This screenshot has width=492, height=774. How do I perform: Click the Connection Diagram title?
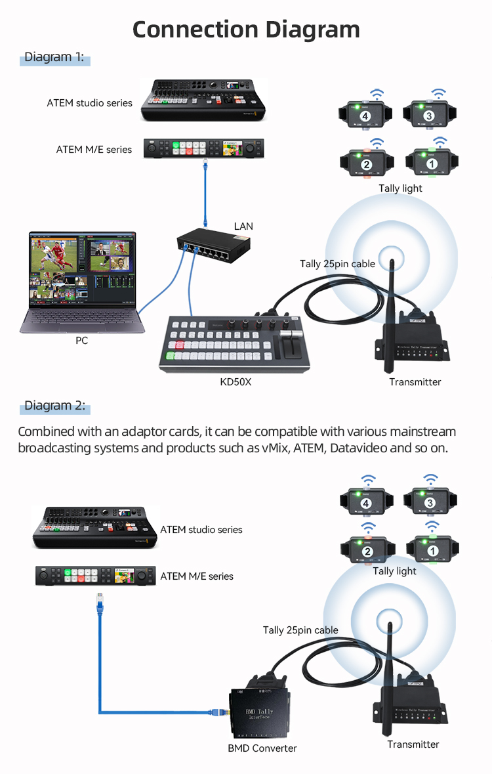[246, 30]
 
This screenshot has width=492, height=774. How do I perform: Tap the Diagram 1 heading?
[54, 58]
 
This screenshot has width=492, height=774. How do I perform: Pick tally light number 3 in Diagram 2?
[430, 503]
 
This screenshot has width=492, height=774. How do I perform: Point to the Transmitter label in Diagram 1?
[415, 382]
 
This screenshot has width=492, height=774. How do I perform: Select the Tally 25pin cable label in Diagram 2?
[300, 630]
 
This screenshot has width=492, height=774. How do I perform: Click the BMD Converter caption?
[262, 748]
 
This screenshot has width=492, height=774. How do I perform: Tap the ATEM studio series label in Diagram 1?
[89, 103]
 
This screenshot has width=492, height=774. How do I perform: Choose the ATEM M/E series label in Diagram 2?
[197, 576]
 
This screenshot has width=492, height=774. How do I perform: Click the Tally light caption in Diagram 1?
[400, 188]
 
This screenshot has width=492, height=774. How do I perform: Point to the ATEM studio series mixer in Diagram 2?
[96, 527]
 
